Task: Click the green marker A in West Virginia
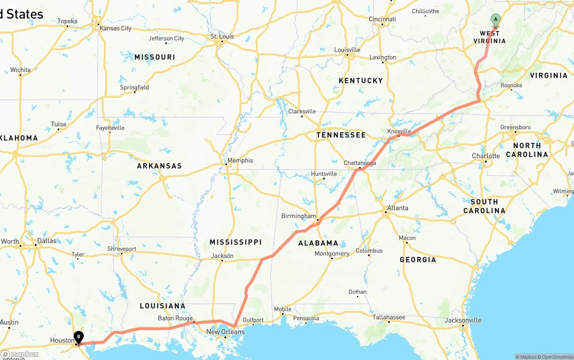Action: [x=496, y=19]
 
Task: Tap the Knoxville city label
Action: [x=399, y=131]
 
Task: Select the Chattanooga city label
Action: [x=360, y=163]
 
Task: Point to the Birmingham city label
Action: [x=298, y=216]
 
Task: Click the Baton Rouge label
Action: [x=175, y=318]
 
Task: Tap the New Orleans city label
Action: [x=225, y=332]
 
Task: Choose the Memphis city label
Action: [x=240, y=160]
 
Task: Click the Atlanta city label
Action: [x=397, y=208]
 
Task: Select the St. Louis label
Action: [x=222, y=37]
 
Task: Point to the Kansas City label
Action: [x=115, y=28]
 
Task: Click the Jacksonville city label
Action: [x=463, y=320]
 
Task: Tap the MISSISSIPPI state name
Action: [x=235, y=242]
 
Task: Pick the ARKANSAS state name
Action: [x=159, y=166]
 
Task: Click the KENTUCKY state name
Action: [x=361, y=81]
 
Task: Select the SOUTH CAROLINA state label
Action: [x=484, y=206]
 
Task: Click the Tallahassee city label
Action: [x=389, y=317]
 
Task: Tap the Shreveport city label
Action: [x=122, y=249]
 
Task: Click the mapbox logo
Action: [x=20, y=354]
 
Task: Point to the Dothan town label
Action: [x=357, y=292]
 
